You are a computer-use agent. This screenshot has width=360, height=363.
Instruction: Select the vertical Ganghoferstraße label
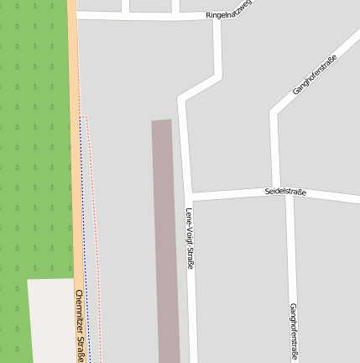(293, 330)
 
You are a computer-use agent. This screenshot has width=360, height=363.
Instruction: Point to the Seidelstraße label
(285, 192)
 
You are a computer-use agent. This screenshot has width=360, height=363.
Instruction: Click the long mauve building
(166, 244)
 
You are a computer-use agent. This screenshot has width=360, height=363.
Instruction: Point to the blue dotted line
(84, 252)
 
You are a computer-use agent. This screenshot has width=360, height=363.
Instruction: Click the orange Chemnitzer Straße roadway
(76, 168)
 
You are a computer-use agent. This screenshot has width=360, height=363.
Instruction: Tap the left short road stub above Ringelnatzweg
(125, 6)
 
